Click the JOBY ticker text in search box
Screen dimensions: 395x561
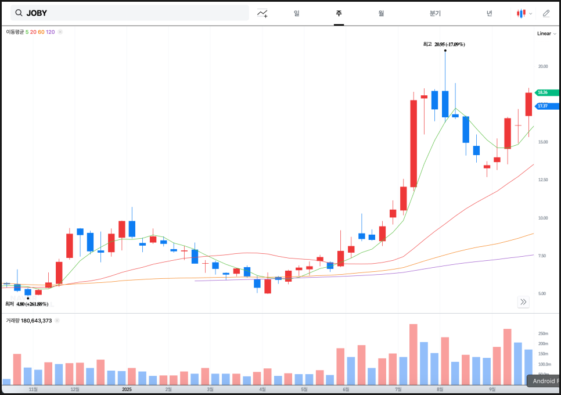37,13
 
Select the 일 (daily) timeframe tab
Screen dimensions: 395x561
297,13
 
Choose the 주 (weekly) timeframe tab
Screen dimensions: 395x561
339,13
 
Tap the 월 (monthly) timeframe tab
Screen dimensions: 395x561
381,13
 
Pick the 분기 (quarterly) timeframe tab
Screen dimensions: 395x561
435,13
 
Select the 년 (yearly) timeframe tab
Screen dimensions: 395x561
490,13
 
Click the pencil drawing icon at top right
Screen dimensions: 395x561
546,13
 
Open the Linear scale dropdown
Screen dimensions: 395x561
546,34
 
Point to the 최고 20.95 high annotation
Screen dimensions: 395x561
444,44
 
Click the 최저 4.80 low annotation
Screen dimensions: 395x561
27,304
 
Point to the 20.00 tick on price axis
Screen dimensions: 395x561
543,66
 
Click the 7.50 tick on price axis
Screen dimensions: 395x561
543,256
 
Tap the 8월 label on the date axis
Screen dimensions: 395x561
440,390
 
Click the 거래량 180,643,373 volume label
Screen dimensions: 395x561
29,321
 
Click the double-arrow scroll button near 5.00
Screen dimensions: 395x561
523,301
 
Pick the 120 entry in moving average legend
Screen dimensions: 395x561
51,32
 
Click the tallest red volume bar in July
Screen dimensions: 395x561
413,354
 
